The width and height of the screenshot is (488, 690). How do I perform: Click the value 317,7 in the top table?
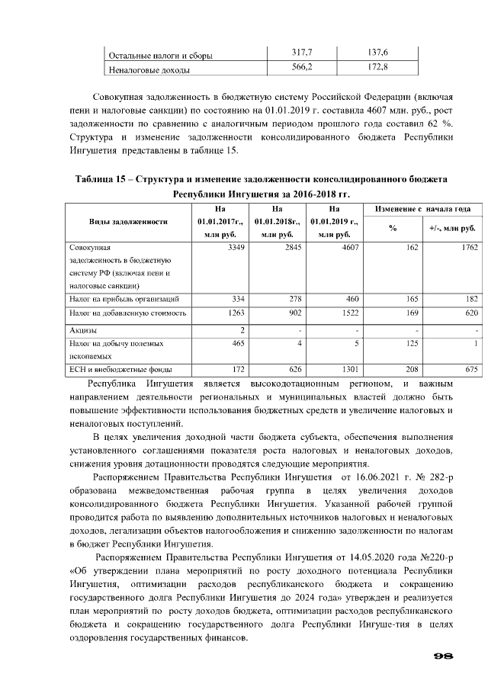tap(303, 53)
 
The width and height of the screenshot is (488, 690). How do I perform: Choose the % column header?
tap(393, 228)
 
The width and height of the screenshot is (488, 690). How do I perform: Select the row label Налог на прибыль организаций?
tap(124, 298)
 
